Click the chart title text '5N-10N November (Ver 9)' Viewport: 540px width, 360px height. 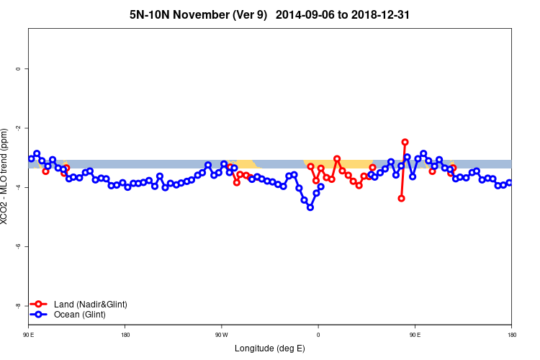click(x=197, y=14)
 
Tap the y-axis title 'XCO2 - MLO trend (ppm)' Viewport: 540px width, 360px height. click(x=6, y=176)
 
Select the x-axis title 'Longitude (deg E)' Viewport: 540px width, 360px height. click(x=270, y=348)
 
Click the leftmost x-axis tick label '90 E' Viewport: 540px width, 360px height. click(x=29, y=335)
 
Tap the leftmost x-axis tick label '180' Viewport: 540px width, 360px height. click(x=125, y=335)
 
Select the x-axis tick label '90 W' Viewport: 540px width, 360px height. click(x=221, y=335)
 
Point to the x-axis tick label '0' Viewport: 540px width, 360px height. click(x=318, y=335)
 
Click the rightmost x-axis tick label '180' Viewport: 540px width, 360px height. click(x=511, y=335)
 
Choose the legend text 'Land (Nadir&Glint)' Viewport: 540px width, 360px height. click(x=91, y=305)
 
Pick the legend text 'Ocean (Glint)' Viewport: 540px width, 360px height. click(x=80, y=315)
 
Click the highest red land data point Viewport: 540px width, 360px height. click(x=405, y=143)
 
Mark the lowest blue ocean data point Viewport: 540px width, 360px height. click(x=310, y=207)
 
